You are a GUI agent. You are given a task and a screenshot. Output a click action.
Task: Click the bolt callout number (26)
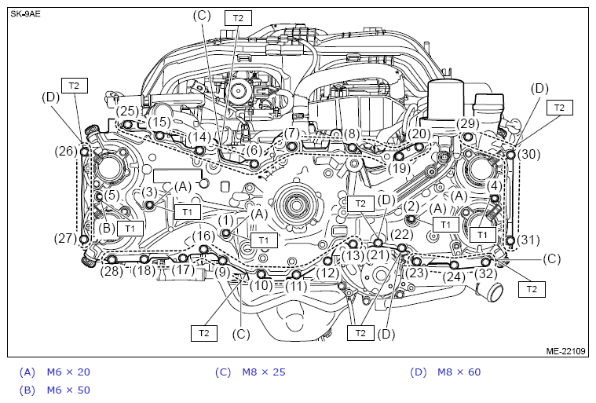pyautogui.click(x=66, y=151)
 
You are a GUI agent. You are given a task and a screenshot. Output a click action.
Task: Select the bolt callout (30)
pyautogui.click(x=530, y=155)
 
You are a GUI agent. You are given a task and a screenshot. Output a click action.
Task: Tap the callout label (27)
pyautogui.click(x=65, y=238)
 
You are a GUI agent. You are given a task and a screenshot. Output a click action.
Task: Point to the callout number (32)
pyautogui.click(x=485, y=274)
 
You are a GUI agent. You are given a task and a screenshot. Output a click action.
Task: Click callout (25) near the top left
pyautogui.click(x=127, y=112)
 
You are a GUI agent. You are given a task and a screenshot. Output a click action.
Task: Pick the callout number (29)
pyautogui.click(x=467, y=124)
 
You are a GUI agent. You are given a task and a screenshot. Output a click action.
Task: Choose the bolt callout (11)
pyautogui.click(x=295, y=288)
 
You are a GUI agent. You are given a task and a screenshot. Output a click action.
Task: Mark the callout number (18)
pyautogui.click(x=143, y=271)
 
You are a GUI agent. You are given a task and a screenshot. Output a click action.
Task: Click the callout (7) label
pyautogui.click(x=292, y=134)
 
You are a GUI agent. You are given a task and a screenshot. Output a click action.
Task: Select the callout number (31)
pyautogui.click(x=530, y=240)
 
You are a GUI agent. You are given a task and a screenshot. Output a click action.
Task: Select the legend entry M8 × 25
pyautogui.click(x=263, y=372)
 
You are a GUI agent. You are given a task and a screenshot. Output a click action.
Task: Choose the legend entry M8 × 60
pyautogui.click(x=459, y=372)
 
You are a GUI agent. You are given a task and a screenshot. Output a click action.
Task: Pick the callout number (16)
pyautogui.click(x=203, y=236)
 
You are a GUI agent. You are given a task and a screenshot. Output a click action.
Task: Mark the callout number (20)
pyautogui.click(x=419, y=134)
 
